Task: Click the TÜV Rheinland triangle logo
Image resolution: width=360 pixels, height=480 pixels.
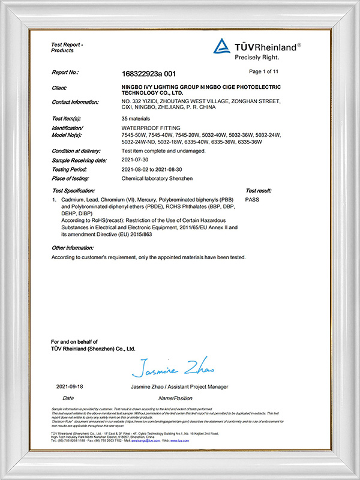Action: (x=221, y=46)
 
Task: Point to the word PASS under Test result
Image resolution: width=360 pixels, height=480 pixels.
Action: (x=253, y=198)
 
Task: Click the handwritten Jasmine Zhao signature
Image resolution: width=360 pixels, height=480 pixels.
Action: (x=173, y=365)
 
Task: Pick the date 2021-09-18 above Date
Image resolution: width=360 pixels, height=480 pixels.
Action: (x=68, y=386)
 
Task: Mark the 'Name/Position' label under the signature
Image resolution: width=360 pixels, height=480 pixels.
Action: (x=175, y=398)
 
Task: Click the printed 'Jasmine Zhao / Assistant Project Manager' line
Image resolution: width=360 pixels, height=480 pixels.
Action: (x=179, y=386)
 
